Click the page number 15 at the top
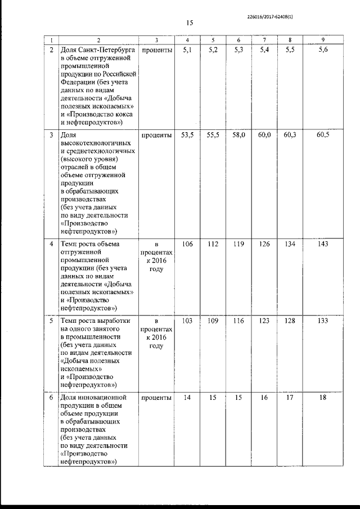pos(189,23)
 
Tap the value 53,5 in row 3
pos(187,136)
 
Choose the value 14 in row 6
pos(187,398)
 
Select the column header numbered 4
pos(187,40)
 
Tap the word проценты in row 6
pos(157,398)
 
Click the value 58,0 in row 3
pos(239,136)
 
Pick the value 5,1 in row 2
pos(187,51)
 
